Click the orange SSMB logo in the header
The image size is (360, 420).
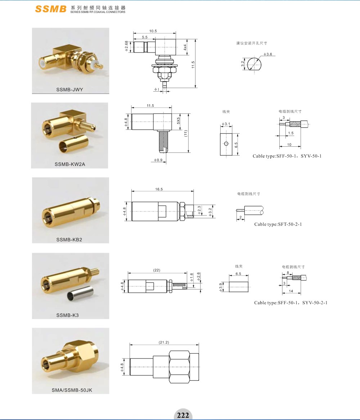point(51,9)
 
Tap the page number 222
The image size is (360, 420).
point(183,415)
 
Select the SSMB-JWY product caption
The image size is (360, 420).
point(70,90)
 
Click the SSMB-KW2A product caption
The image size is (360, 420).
point(70,164)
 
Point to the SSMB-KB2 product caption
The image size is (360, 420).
point(69,240)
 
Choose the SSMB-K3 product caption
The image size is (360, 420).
point(68,315)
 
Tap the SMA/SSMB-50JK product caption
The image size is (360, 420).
point(72,390)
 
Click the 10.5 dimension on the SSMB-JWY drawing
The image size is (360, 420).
point(153,31)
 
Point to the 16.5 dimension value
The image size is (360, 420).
point(159,189)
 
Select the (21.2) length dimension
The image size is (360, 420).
point(164,342)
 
